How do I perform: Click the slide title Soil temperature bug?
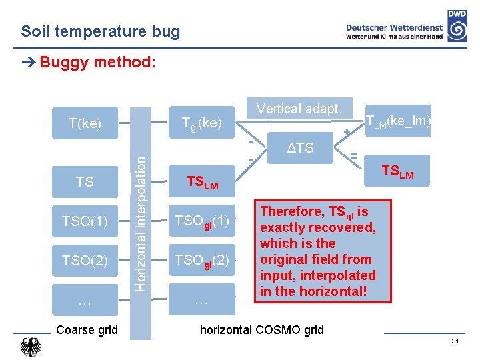100,31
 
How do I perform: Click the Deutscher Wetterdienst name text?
393,27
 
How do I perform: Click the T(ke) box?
85,123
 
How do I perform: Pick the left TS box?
85,181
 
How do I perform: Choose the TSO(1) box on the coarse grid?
85,221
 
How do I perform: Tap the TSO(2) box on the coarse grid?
85,260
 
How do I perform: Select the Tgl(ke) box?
202,123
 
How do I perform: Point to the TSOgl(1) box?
202,221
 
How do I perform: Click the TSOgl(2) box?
202,260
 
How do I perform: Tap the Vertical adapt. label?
299,109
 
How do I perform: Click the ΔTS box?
300,147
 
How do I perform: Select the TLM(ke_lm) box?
397,121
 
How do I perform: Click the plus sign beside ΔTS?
347,134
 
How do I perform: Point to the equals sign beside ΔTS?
355,155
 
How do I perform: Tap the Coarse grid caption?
87,330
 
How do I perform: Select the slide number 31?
455,341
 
